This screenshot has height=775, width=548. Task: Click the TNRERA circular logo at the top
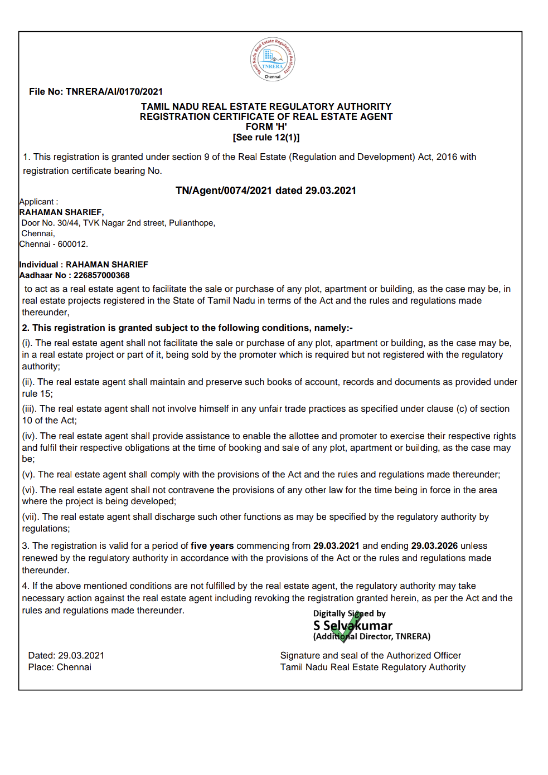coord(272,59)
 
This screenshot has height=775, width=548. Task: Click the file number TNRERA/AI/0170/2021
coord(114,92)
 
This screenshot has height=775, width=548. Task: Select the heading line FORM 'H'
coord(266,127)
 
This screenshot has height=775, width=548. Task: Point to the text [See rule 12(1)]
coord(266,138)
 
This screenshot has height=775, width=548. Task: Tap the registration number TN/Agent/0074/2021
coord(224,191)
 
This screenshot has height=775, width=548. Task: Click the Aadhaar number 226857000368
coord(101,275)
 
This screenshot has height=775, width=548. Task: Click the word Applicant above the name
coord(37,202)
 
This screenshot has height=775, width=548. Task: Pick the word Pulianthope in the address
coord(191,223)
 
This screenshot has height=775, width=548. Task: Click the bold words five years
coord(212,546)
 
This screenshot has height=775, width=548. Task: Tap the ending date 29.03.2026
coord(434,546)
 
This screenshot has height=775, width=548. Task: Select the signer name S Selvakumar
coord(353,626)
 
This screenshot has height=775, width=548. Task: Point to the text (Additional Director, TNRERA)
coord(372,636)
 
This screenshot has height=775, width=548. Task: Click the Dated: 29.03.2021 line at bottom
coord(66,656)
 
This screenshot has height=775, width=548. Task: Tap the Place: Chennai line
coord(60,667)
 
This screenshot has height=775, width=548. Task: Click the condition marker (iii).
coord(29,409)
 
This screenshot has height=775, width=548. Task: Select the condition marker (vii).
coord(30,517)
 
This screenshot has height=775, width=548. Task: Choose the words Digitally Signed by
coord(350,613)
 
